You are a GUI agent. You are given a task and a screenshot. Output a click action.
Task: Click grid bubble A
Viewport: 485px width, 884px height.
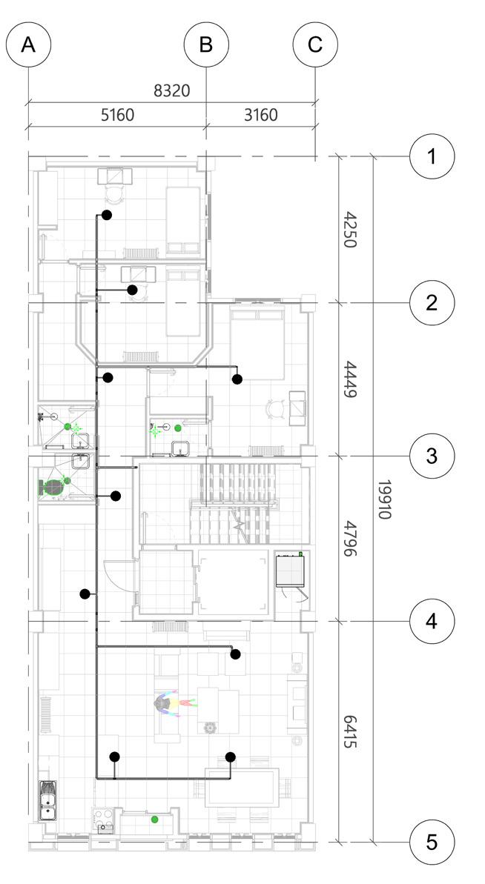(x=28, y=44)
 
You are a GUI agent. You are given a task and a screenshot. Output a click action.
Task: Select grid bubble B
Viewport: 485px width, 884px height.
(x=206, y=44)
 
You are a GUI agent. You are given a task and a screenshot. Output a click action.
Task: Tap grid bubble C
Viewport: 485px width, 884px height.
(x=315, y=44)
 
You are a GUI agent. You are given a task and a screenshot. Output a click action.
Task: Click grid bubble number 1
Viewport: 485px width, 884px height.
(x=432, y=156)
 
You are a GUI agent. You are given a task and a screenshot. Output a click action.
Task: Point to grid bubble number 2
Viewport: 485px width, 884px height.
(x=432, y=302)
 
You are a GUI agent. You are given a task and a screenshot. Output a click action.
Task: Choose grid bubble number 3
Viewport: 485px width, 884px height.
(x=432, y=456)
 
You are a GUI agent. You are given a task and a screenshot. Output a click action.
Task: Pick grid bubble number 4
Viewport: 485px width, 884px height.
(x=432, y=621)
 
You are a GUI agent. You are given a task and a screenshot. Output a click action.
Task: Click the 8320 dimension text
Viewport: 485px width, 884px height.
(x=171, y=90)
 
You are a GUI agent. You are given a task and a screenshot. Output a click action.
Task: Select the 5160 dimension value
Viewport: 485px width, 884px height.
(x=117, y=115)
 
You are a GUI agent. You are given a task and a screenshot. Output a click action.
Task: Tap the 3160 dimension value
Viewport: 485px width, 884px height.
(x=260, y=115)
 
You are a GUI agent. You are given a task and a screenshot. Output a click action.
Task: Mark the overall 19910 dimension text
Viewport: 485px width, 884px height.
(x=383, y=499)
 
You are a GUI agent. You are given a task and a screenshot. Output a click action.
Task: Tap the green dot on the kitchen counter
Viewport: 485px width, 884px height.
(x=155, y=820)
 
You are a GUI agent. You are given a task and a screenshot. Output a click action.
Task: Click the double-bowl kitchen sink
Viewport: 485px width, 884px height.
(x=48, y=800)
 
